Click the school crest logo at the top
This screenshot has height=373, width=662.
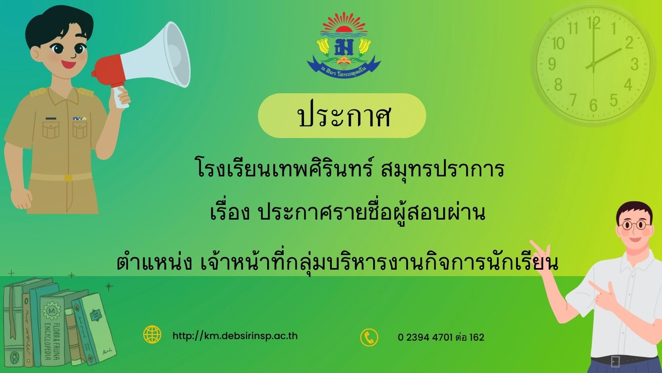pos(344,45)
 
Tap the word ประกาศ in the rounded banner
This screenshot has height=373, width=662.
pos(344,116)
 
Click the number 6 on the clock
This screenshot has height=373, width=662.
pos(593,105)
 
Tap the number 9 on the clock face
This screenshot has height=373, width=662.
pos(552,64)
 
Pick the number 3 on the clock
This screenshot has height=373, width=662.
pos(635,64)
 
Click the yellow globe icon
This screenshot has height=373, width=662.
pos(152,335)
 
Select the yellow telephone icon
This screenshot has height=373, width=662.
pos(369,337)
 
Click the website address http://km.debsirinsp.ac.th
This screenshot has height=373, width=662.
pos(235,336)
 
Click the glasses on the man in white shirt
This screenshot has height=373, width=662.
pos(635,225)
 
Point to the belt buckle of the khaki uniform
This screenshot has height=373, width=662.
pos(68,178)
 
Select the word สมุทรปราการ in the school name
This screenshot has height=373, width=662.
pos(442,170)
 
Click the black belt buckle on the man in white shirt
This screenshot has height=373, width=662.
pos(615,361)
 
